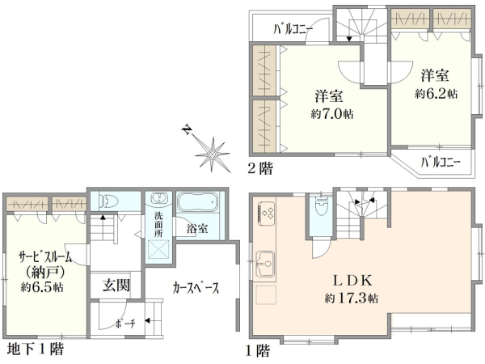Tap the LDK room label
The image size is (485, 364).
click(x=352, y=281)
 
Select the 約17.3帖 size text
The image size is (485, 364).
click(x=352, y=298)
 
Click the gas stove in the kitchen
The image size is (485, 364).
click(x=266, y=213)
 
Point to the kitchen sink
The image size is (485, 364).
click(x=265, y=263)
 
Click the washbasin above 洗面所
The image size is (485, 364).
click(x=160, y=198)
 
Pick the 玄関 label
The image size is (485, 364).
click(x=116, y=285)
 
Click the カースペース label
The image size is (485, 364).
click(x=196, y=288)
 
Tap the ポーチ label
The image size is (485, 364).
click(x=125, y=324)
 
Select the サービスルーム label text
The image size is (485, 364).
click(x=45, y=257)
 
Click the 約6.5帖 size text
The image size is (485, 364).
click(x=42, y=287)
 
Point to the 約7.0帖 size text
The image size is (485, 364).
click(x=332, y=114)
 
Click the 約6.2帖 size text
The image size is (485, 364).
click(x=436, y=94)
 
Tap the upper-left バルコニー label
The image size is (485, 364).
click(x=293, y=30)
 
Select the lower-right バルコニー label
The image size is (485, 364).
click(x=441, y=163)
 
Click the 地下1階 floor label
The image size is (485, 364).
click(x=36, y=349)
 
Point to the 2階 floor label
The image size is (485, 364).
click(x=259, y=169)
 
